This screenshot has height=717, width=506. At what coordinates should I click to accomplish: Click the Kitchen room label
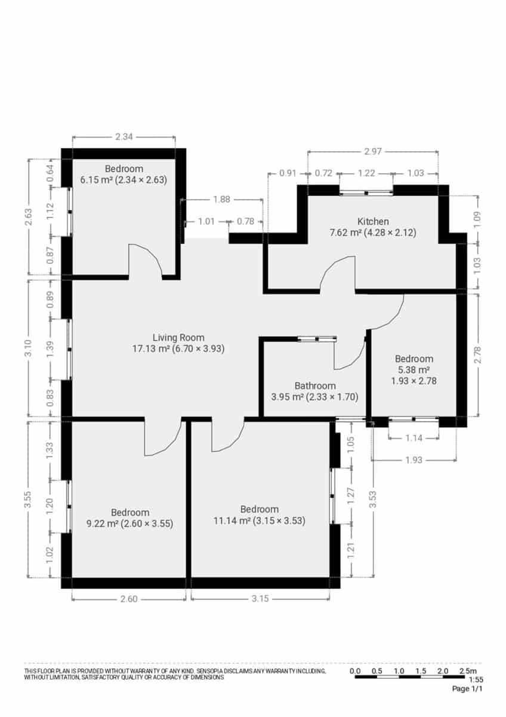pyautogui.click(x=373, y=222)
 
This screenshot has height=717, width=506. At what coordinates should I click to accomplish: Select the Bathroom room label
pyautogui.click(x=315, y=386)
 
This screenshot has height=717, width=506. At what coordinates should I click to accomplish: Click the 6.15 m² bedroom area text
pyautogui.click(x=98, y=179)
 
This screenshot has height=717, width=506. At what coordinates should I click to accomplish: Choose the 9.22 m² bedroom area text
pyautogui.click(x=102, y=524)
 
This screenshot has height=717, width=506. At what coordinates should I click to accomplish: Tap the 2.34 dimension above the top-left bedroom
pyautogui.click(x=124, y=137)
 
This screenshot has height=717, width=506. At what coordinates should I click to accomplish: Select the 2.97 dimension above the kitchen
pyautogui.click(x=372, y=152)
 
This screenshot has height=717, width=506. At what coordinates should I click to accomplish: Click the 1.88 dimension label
pyautogui.click(x=221, y=200)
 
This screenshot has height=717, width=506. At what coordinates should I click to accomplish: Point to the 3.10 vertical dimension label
pyautogui.click(x=27, y=348)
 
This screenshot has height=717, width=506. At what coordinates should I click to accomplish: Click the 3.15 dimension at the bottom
pyautogui.click(x=260, y=599)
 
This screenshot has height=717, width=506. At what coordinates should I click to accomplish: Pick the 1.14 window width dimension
pyautogui.click(x=414, y=438)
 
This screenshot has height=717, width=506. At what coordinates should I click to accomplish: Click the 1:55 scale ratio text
pyautogui.click(x=476, y=680)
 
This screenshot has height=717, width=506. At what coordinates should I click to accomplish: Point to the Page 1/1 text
pyautogui.click(x=467, y=689)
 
